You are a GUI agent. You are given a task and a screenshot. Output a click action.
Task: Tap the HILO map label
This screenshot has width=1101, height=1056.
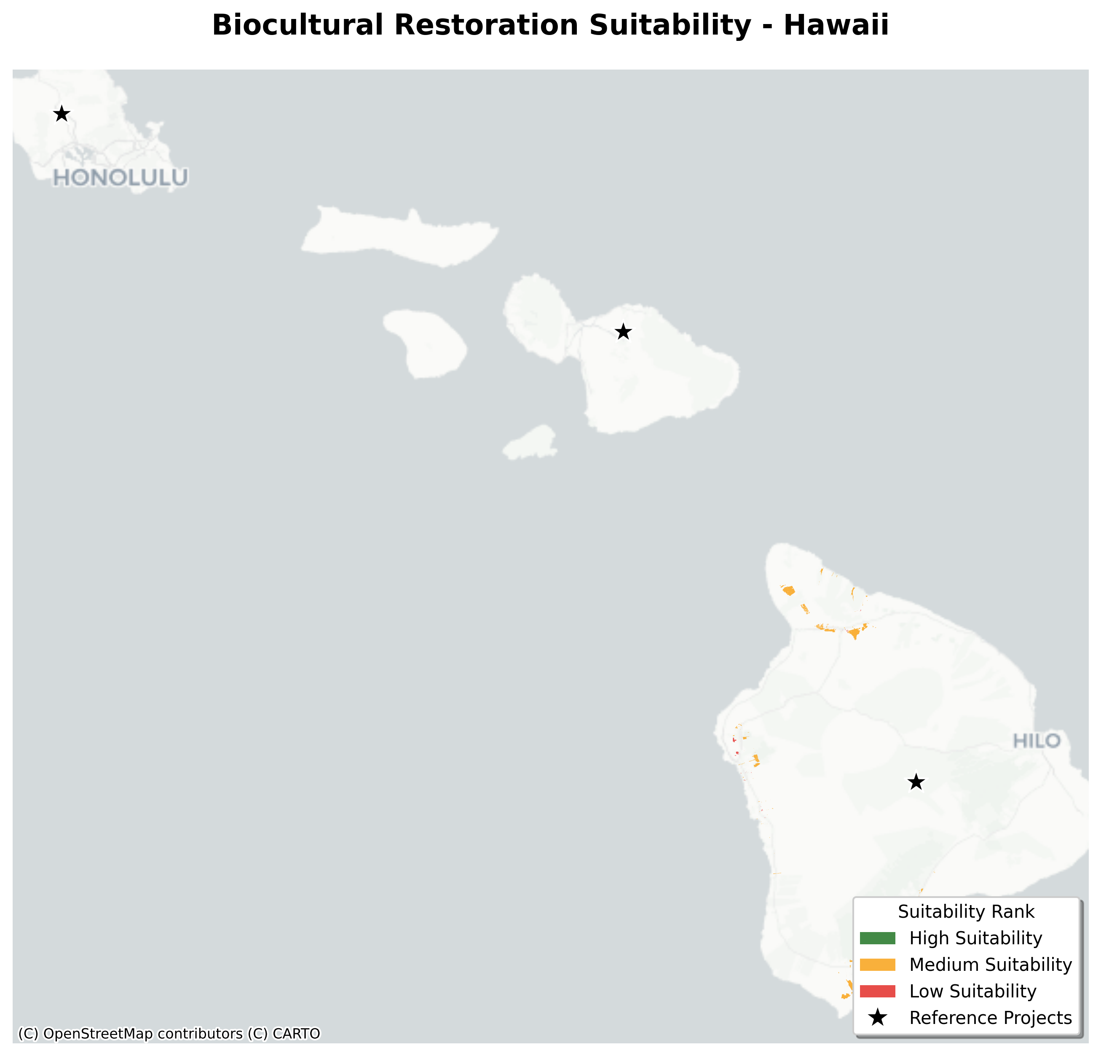pos(1037,741)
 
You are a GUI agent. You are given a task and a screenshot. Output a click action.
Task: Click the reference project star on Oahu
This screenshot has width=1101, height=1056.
pos(62,114)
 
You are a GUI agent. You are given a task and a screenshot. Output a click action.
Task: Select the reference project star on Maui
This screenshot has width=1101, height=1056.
pos(623,332)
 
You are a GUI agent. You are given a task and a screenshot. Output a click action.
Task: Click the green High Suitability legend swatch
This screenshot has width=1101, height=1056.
pos(877,938)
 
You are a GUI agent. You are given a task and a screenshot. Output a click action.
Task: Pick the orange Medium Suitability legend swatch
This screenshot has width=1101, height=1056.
pos(877,965)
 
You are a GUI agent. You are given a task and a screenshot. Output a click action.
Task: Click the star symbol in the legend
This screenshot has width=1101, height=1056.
pos(877,1017)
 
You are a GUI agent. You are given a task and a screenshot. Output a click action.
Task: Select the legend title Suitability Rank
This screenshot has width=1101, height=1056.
pos(966,911)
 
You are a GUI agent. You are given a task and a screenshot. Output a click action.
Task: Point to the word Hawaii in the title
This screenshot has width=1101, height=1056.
pos(836,26)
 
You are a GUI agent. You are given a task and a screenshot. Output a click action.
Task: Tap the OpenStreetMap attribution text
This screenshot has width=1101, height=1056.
pos(98,1034)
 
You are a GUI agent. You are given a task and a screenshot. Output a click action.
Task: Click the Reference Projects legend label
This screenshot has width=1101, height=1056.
pos(990,1017)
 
